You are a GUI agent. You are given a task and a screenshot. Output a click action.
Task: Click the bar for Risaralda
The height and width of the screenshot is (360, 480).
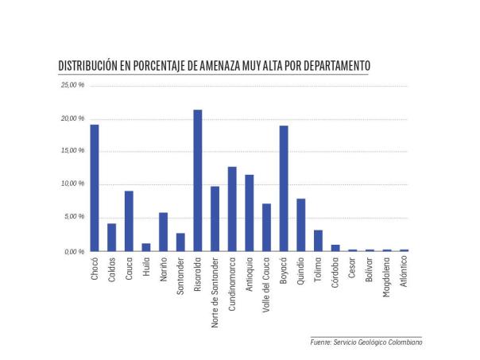click(x=198, y=180)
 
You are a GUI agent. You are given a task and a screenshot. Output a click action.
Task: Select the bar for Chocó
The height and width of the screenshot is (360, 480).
click(x=95, y=188)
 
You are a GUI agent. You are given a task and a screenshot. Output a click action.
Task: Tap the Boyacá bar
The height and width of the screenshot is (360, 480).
click(x=284, y=188)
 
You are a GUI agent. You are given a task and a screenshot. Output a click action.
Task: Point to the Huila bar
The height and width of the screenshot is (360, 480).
click(x=146, y=247)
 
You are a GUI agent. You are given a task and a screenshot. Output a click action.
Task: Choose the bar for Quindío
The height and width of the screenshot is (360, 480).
click(x=301, y=225)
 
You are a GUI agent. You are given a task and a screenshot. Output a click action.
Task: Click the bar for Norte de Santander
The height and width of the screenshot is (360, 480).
click(x=215, y=219)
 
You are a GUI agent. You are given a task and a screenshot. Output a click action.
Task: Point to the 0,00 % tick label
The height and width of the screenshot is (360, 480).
click(x=74, y=251)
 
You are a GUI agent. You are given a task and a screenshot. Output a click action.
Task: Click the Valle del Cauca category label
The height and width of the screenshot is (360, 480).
click(x=267, y=283)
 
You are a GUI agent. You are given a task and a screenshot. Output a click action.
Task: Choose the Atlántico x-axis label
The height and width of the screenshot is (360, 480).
click(x=405, y=277)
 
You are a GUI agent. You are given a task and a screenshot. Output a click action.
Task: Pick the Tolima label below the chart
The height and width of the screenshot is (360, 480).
click(x=319, y=271)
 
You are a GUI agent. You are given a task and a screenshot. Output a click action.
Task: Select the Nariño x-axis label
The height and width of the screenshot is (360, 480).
click(x=164, y=271)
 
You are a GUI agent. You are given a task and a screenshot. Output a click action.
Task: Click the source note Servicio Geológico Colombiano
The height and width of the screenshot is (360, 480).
click(x=377, y=342)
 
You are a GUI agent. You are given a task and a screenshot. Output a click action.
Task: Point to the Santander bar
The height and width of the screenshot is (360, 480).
click(x=180, y=242)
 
